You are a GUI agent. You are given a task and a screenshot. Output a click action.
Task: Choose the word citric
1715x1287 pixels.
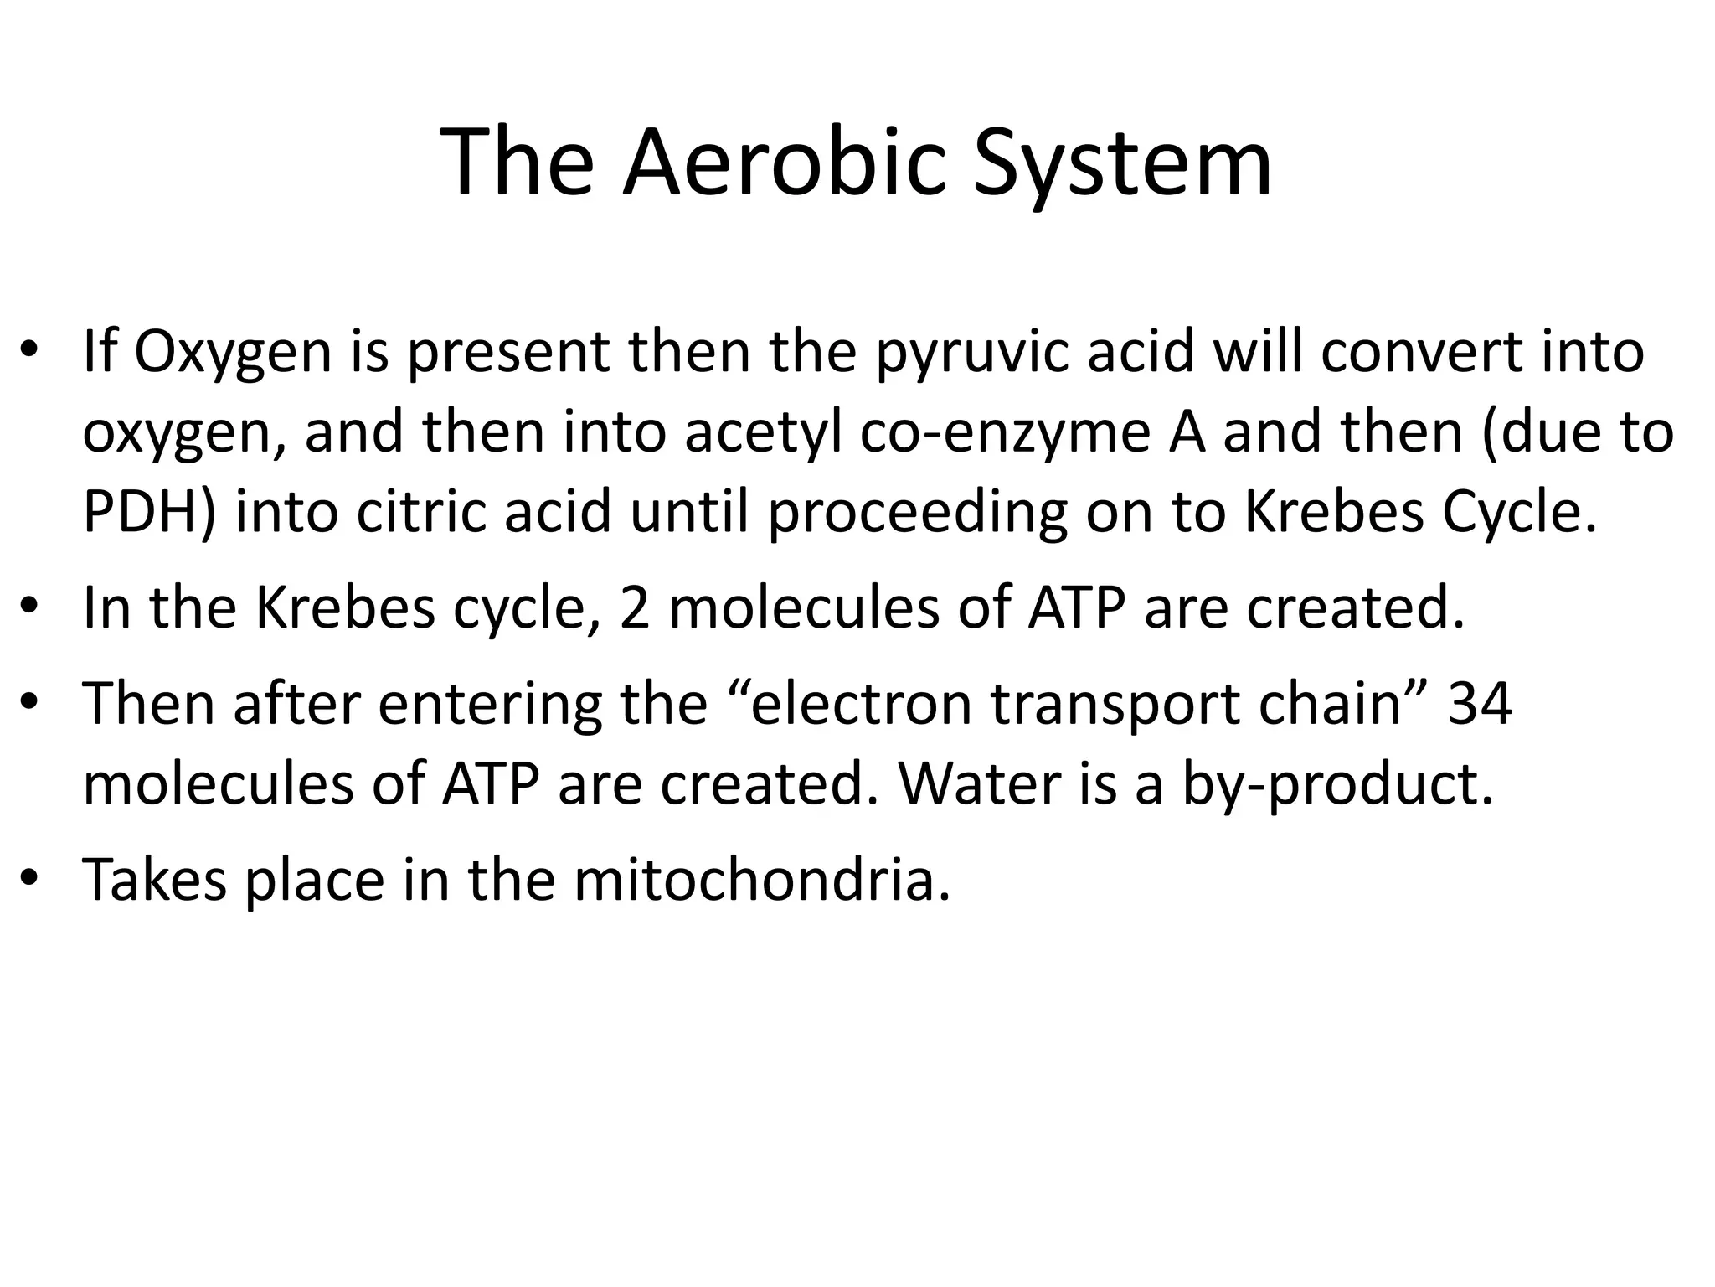tap(420, 513)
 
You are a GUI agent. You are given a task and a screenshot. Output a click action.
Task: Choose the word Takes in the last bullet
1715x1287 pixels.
tap(155, 879)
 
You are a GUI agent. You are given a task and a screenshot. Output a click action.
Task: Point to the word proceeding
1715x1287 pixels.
tap(917, 513)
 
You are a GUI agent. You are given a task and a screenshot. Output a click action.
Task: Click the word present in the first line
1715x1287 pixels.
tap(508, 354)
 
